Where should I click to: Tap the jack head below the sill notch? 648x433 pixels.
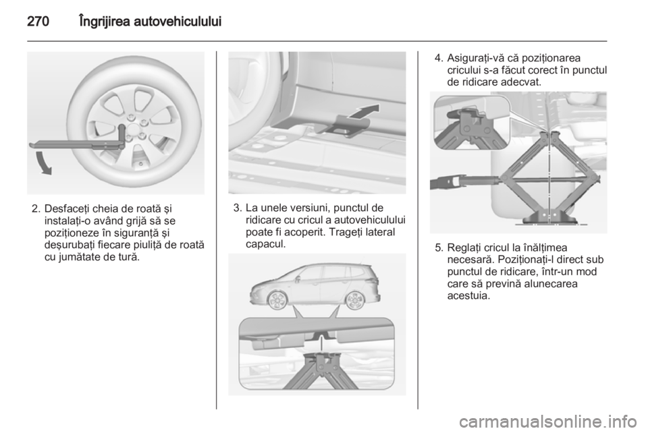(323, 356)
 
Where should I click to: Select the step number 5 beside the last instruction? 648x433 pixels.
(437, 248)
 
